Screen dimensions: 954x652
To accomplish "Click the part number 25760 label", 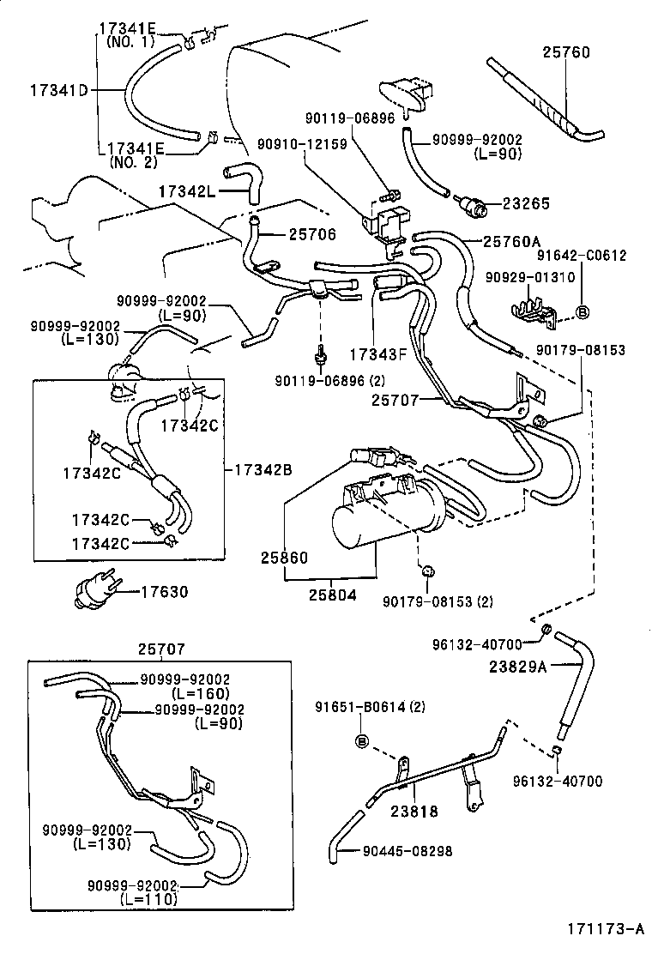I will click(x=565, y=52).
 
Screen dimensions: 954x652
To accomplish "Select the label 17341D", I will click(x=59, y=89).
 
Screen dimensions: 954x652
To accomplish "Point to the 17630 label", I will click(x=164, y=591).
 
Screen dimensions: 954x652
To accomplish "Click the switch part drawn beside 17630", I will click(x=94, y=592).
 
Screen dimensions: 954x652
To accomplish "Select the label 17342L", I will click(x=187, y=188).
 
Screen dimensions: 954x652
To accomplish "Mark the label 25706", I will click(x=312, y=233).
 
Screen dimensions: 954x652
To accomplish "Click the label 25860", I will click(x=284, y=558).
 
